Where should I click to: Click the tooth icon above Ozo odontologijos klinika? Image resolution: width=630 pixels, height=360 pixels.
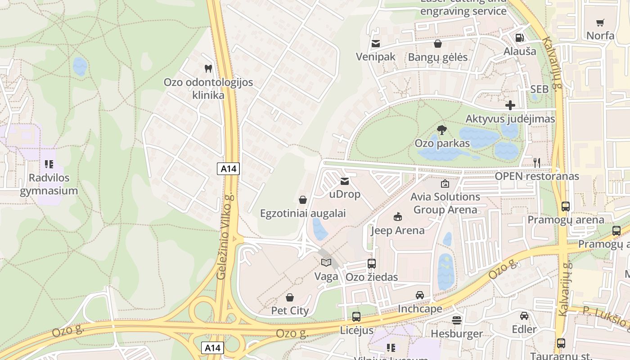(x=208, y=69)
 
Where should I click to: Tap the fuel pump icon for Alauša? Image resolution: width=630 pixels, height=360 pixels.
(x=520, y=38)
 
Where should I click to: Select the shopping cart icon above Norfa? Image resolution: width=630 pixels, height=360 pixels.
(x=600, y=22)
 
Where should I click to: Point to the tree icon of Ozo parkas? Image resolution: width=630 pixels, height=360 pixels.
(x=442, y=130)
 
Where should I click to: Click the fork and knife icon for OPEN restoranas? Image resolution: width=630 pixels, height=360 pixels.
(x=537, y=163)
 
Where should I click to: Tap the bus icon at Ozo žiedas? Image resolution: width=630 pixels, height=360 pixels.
(x=371, y=264)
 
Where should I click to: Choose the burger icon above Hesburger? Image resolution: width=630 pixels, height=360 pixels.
(x=457, y=320)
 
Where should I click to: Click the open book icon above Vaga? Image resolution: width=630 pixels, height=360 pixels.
(x=326, y=263)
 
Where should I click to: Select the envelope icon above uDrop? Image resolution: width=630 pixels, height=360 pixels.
(x=345, y=181)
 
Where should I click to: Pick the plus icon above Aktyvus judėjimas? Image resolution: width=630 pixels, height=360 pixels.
(x=510, y=105)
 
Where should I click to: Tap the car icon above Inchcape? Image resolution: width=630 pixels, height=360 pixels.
(x=420, y=295)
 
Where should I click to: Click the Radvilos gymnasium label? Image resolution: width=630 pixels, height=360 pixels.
(x=49, y=184)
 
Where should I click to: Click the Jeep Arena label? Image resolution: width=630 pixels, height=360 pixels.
(x=397, y=230)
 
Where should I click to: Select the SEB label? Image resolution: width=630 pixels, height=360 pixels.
(x=540, y=89)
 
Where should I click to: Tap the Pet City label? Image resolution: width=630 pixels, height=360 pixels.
(x=290, y=310)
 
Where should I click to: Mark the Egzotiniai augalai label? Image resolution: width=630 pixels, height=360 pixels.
(x=303, y=213)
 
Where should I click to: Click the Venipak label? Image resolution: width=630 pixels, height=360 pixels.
(x=375, y=57)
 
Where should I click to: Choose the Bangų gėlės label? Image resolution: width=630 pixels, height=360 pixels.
(x=437, y=57)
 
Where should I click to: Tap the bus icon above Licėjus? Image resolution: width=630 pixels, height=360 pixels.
(x=356, y=317)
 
